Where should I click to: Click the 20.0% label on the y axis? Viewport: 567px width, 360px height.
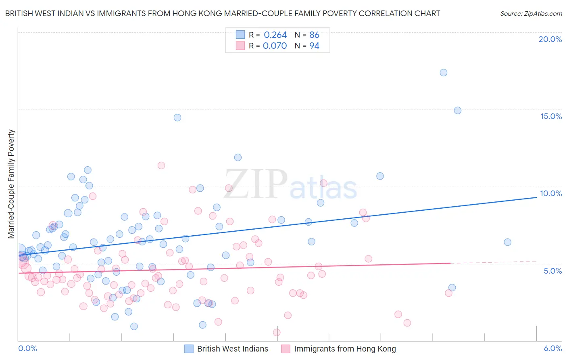point(550,39)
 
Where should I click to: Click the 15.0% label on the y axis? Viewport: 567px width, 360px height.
point(551,116)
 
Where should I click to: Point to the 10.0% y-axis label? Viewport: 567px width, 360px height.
point(551,193)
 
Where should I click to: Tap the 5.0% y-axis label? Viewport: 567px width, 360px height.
point(552,271)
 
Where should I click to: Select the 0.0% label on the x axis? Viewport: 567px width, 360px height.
point(27,348)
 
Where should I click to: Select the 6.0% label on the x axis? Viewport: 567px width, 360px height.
point(552,348)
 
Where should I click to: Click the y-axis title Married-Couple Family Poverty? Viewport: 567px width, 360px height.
point(11,184)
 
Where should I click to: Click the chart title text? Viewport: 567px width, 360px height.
point(223,13)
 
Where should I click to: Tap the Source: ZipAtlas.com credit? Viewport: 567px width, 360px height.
point(531,13)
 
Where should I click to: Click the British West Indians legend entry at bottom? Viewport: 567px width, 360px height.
point(232,349)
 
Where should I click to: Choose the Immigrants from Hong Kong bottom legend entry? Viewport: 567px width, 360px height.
point(345,349)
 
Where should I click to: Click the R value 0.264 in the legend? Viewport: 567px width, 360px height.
point(275,35)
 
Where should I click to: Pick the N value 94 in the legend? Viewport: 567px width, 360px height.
point(314,46)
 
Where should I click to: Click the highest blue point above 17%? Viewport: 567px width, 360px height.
point(444,73)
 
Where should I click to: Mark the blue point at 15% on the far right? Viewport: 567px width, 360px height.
point(458,111)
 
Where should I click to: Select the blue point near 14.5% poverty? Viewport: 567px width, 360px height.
point(177,117)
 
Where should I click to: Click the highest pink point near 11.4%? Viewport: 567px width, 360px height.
point(161,165)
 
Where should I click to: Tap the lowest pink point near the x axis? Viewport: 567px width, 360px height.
point(277,333)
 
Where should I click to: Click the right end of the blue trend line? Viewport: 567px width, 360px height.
point(537,197)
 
